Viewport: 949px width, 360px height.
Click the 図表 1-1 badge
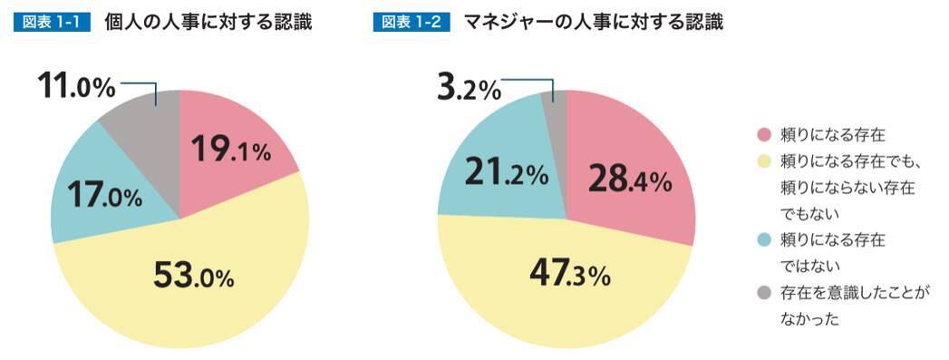(x=52, y=23)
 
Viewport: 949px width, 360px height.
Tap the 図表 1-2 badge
(x=412, y=23)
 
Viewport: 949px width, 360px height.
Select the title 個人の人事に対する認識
(x=208, y=23)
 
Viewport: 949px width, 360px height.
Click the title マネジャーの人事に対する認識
(x=593, y=23)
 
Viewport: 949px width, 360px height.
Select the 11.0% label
(x=77, y=87)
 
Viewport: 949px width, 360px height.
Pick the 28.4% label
(x=629, y=180)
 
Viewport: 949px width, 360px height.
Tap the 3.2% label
(x=468, y=89)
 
